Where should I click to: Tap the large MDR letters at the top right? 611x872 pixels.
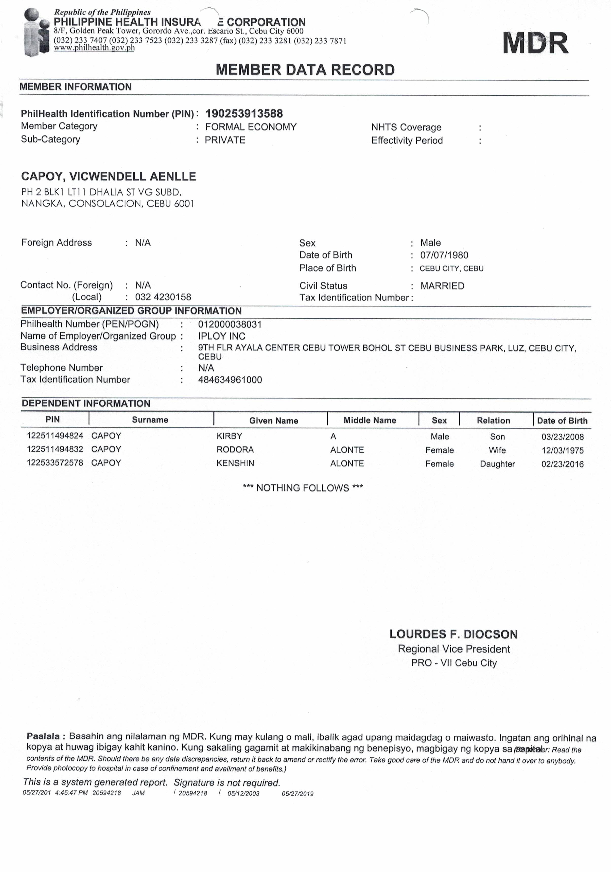535,43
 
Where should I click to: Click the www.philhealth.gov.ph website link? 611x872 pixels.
94,48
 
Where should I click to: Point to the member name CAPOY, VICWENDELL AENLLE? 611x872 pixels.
109,176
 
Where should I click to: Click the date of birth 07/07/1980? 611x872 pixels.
444,255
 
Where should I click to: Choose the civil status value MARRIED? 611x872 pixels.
442,286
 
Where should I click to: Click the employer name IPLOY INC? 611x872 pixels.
221,336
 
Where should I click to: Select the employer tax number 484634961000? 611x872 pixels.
230,380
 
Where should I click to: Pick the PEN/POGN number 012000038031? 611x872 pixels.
230,324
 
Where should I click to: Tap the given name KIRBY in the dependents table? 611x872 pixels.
229,436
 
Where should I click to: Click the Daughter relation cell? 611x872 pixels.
497,464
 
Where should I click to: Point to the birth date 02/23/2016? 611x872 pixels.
562,464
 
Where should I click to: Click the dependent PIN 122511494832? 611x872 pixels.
55,449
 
